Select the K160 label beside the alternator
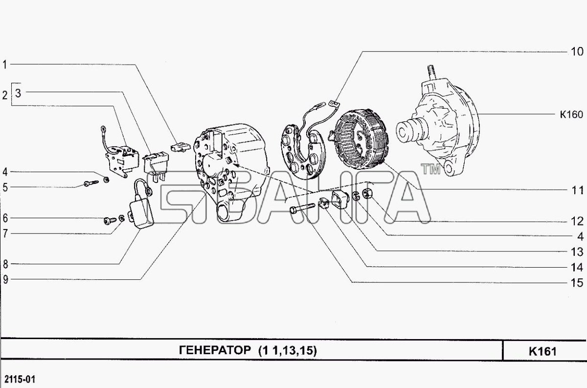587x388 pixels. pyautogui.click(x=571, y=115)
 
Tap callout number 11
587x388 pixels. pyautogui.click(x=577, y=190)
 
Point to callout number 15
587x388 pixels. pyautogui.click(x=577, y=283)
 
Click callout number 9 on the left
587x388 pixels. pyautogui.click(x=5, y=280)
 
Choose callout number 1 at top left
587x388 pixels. pyautogui.click(x=5, y=64)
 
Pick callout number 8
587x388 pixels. pyautogui.click(x=5, y=264)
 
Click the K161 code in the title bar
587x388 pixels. pyautogui.click(x=542, y=351)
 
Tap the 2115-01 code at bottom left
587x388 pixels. pyautogui.click(x=20, y=379)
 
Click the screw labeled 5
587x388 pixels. pyautogui.click(x=91, y=183)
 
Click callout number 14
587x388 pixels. pyautogui.click(x=577, y=267)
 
